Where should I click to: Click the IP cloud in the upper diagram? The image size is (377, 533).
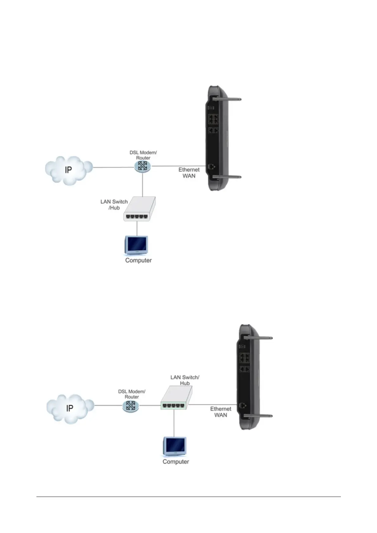coord(68,170)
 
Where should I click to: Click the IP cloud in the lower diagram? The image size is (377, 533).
coord(70,408)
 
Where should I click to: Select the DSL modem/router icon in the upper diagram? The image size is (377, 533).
coord(143,166)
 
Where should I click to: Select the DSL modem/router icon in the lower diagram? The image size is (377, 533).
coord(131,406)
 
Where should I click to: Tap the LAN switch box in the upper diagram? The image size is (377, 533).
coord(139,210)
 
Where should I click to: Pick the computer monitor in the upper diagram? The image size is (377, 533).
coord(137,245)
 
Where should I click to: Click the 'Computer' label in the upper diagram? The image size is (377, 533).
coord(138,260)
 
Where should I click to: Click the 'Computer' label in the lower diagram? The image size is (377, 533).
coord(176,462)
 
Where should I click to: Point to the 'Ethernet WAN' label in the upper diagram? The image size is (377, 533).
coord(189,173)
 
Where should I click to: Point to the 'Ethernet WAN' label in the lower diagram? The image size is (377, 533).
coord(220,412)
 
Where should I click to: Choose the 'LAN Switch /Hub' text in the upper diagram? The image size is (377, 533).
coord(114,205)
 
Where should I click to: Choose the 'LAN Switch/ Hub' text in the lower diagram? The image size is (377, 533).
coord(185,380)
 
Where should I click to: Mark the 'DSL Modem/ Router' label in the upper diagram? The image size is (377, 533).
coord(143,155)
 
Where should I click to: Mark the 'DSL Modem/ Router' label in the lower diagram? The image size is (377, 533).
coord(132,394)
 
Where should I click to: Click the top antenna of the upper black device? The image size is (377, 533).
coord(227,99)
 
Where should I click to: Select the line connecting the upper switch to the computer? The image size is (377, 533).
coord(137,228)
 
